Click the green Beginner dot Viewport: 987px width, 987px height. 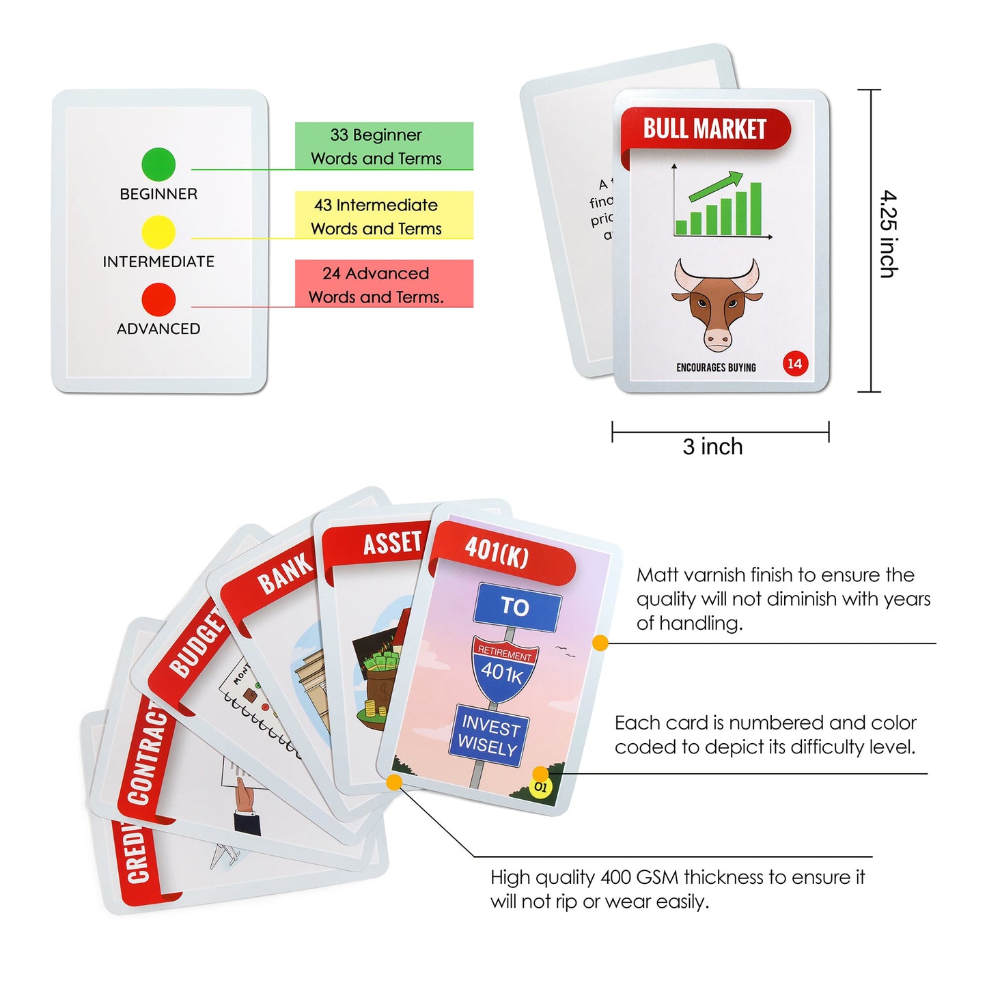tap(158, 164)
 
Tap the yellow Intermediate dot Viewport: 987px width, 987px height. tap(158, 232)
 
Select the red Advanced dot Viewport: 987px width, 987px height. tap(158, 300)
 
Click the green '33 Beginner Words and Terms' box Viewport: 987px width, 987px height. tap(384, 146)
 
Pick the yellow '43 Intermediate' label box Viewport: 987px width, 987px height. tap(384, 215)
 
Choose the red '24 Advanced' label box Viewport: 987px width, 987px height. tap(384, 284)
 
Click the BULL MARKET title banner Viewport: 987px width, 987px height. tap(705, 128)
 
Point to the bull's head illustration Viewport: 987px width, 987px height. tap(717, 303)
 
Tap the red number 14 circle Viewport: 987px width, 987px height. tap(794, 363)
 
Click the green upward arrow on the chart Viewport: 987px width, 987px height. tap(717, 185)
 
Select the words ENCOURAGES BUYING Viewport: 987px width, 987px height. tap(716, 367)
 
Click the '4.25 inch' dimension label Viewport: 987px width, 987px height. tap(888, 234)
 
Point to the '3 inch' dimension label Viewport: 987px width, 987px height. tap(712, 447)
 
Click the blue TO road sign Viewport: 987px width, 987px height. tap(516, 607)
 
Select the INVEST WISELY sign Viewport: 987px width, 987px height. tap(488, 735)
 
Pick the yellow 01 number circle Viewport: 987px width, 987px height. tap(540, 787)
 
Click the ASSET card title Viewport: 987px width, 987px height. tap(392, 543)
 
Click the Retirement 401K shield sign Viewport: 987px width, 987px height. tap(504, 668)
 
